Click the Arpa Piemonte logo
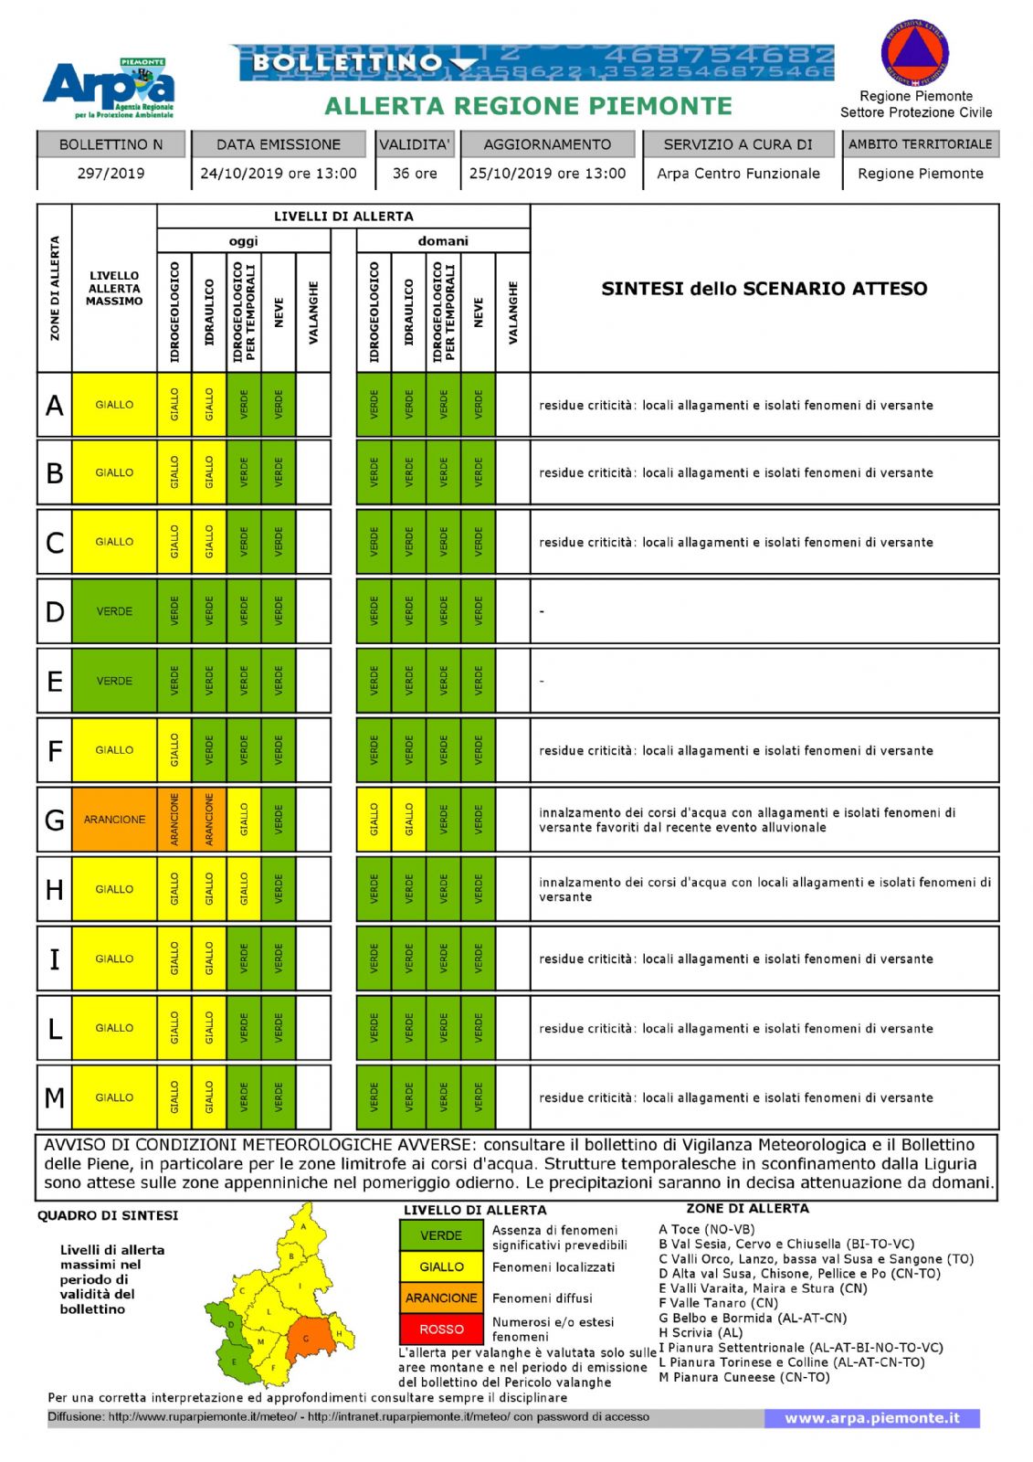(x=109, y=88)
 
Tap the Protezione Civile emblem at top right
(x=915, y=52)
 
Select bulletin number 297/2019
(x=111, y=174)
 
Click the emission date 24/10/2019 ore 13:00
(x=279, y=174)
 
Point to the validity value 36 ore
(x=415, y=174)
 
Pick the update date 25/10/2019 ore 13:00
(x=548, y=174)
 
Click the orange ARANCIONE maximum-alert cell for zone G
(x=114, y=820)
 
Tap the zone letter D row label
(x=55, y=611)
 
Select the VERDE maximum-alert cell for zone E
(x=114, y=681)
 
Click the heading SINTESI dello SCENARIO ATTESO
(x=764, y=289)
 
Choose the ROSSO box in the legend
(x=441, y=1329)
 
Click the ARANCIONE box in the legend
(x=441, y=1298)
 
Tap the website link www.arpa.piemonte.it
(x=871, y=1418)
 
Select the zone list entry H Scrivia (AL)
(x=701, y=1332)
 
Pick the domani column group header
(x=443, y=241)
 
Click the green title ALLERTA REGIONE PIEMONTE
(x=528, y=107)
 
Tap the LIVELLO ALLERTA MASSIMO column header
(x=114, y=289)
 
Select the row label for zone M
(x=55, y=1097)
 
